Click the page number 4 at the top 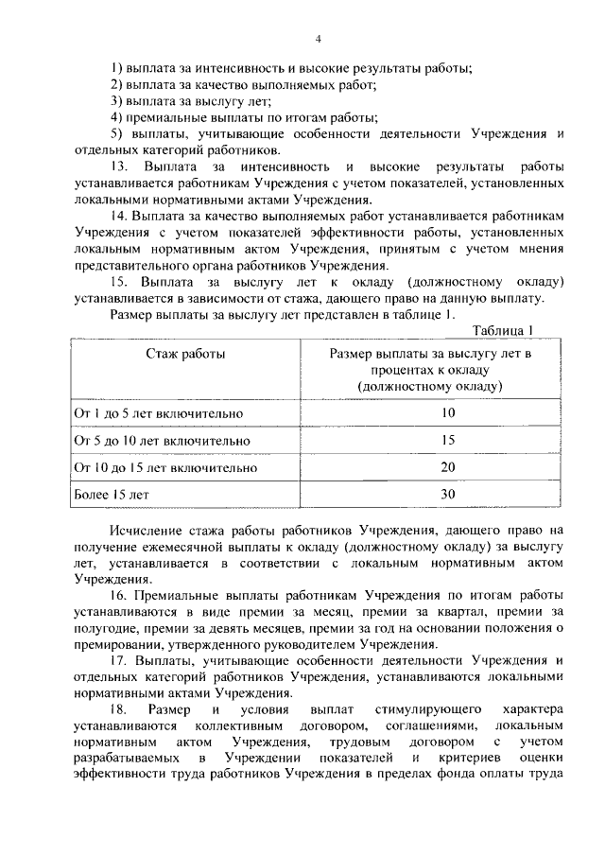coord(318,38)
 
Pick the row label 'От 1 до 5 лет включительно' coord(159,413)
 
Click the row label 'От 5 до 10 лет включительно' coord(163,441)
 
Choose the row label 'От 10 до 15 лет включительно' coord(165,467)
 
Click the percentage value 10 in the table coord(448,413)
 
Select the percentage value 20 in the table coord(448,467)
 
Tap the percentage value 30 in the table coord(448,494)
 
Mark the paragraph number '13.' coord(121,166)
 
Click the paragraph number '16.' coord(121,596)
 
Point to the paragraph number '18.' coord(121,708)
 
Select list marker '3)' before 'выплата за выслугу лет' coord(116,101)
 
